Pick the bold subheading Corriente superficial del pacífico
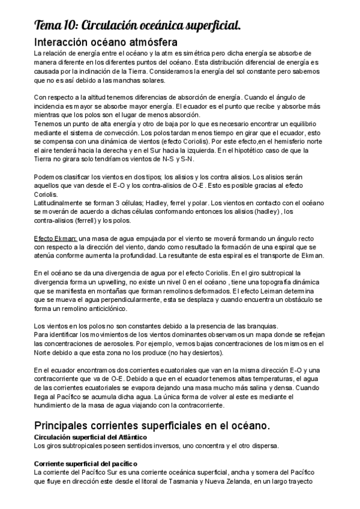86,464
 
